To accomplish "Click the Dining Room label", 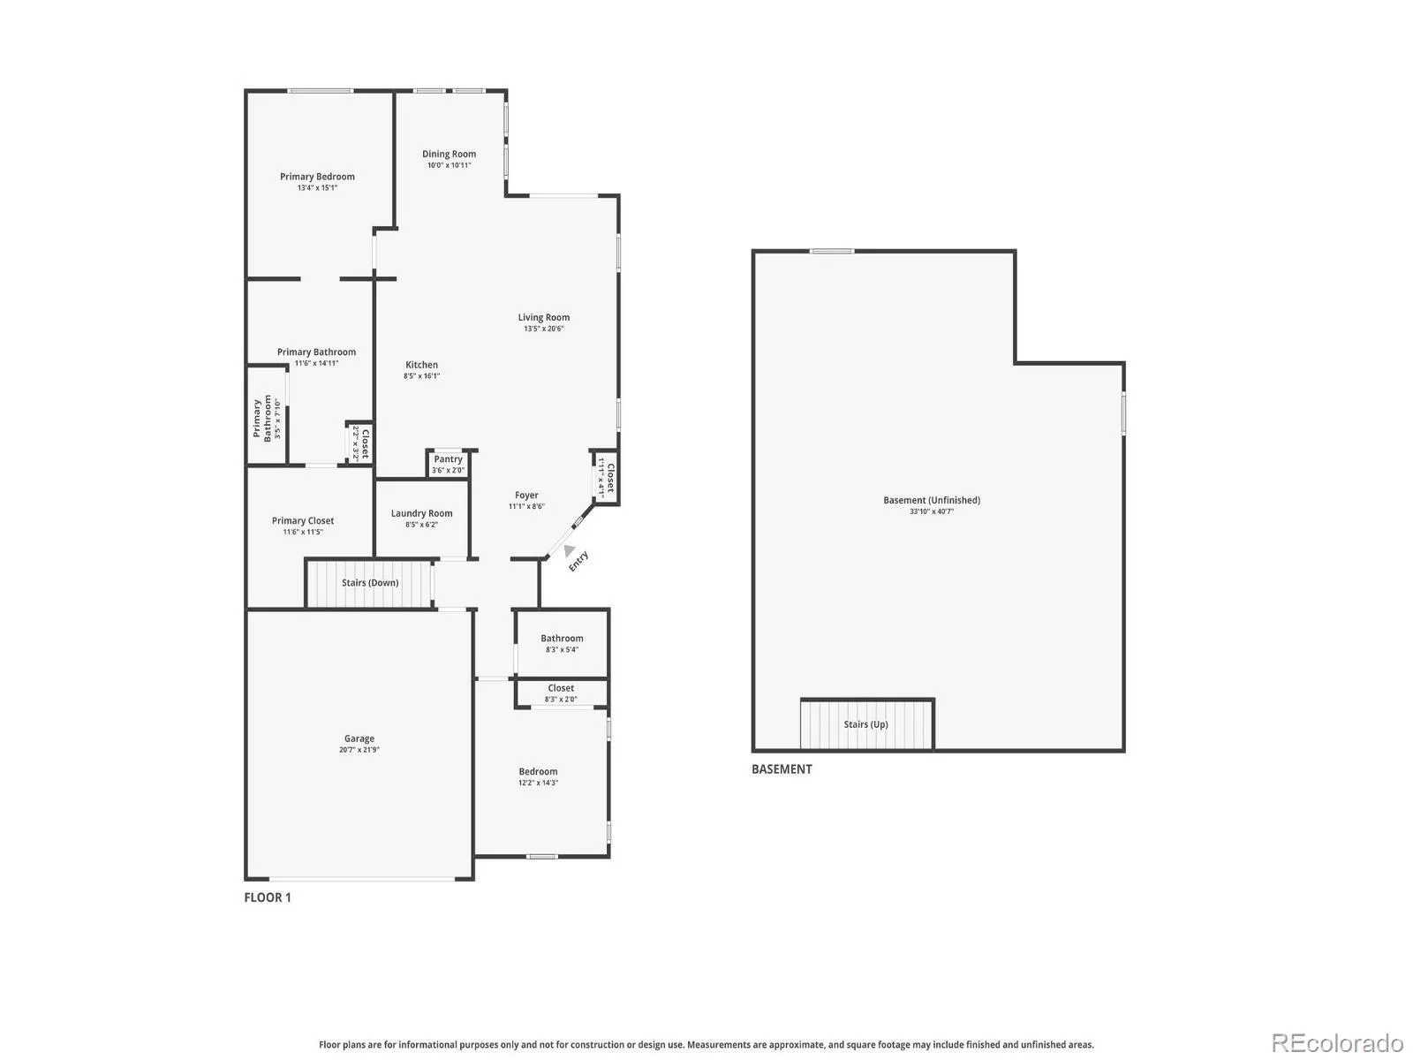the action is (x=449, y=154).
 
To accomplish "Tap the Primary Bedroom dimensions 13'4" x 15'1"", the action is (x=317, y=188).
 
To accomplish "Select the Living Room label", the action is (x=543, y=317).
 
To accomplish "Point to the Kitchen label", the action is (x=421, y=365).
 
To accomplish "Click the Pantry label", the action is (x=448, y=458).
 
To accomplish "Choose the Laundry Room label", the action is (x=421, y=513).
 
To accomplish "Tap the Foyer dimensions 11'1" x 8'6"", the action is (x=526, y=506).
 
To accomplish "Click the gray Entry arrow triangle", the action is (x=569, y=550).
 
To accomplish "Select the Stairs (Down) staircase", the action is (x=369, y=583).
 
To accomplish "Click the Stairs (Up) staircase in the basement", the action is (x=866, y=724).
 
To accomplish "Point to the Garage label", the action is (x=359, y=738).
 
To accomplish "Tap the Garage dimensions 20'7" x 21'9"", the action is (x=359, y=750).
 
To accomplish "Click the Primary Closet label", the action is (x=303, y=520).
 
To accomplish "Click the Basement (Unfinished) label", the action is (x=932, y=500).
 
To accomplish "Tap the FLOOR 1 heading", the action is (x=268, y=897).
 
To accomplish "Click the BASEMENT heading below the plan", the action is (x=782, y=769).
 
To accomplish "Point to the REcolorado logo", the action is (x=1337, y=1042).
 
